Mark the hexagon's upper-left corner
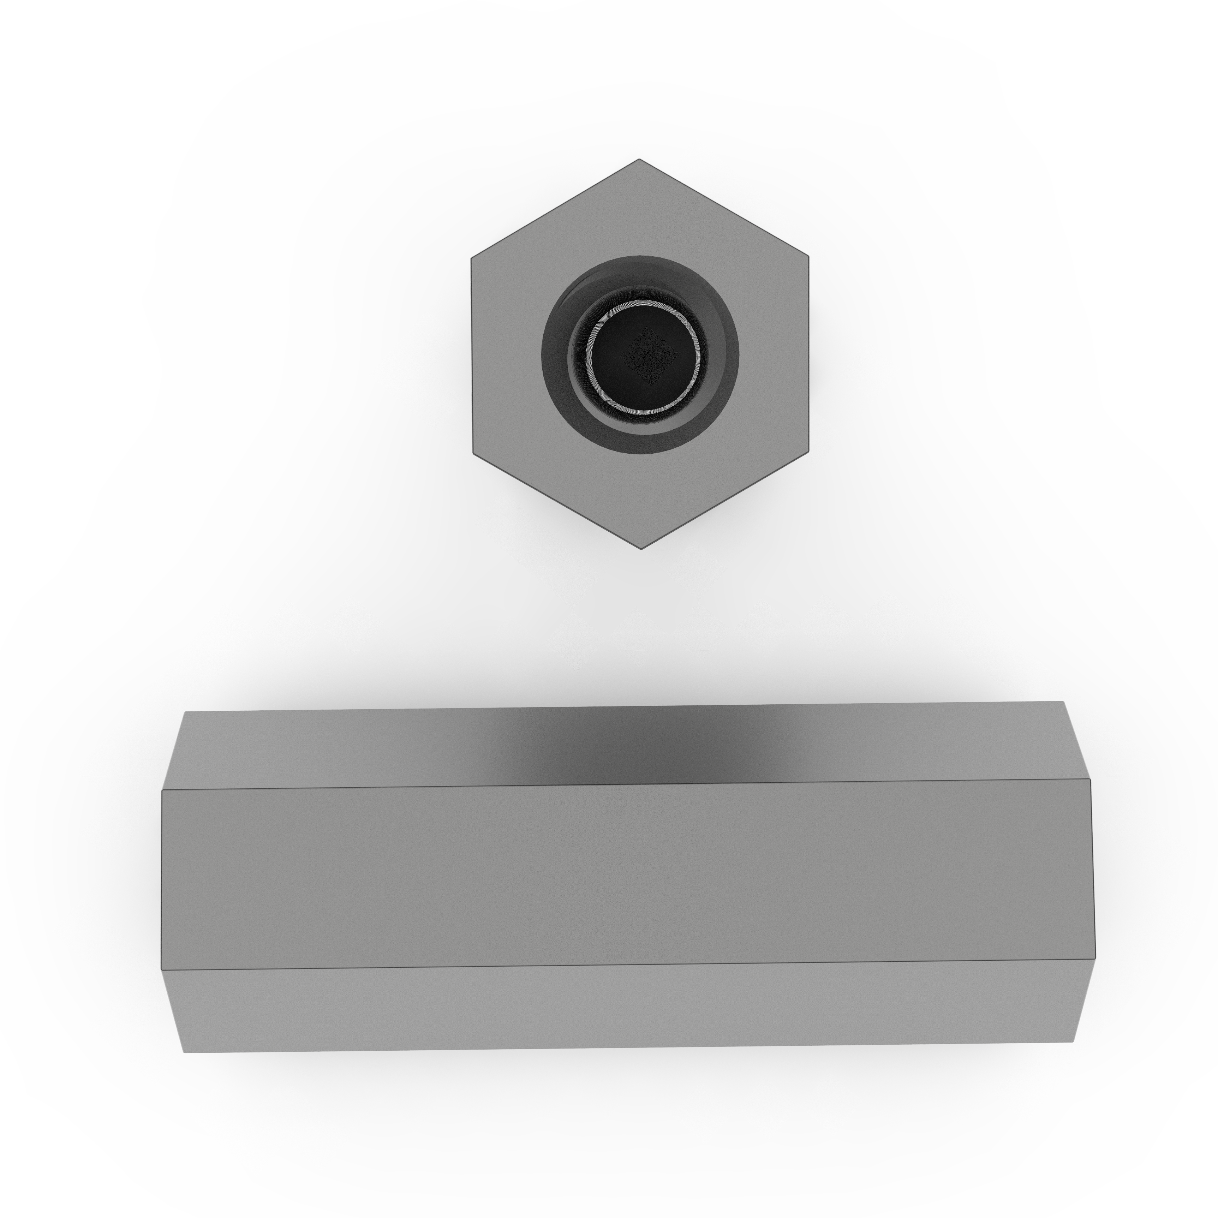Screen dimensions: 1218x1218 tap(472, 257)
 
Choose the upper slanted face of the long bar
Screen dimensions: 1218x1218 tap(315, 750)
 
